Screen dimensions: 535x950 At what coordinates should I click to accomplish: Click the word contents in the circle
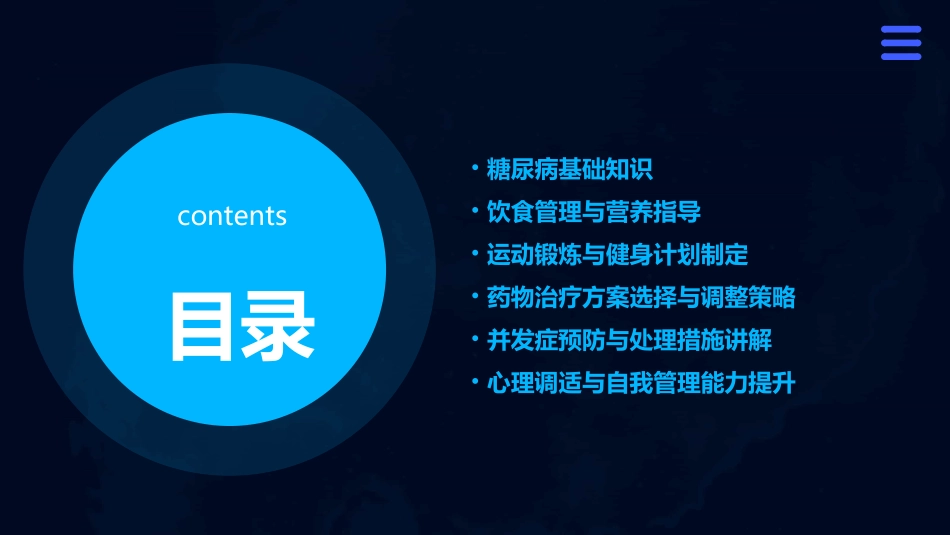pos(232,216)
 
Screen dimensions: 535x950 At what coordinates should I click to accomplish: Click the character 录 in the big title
pos(279,326)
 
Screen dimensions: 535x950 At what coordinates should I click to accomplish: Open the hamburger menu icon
pos(900,43)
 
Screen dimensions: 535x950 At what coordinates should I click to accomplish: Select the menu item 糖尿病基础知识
pos(569,170)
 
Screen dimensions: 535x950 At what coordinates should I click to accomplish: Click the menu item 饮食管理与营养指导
pos(593,212)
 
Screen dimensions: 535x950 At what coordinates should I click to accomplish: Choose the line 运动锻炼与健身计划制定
pos(617,255)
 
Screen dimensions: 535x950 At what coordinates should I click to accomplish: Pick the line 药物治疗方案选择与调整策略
pos(641,298)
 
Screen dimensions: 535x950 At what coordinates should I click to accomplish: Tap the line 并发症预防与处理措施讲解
pos(629,340)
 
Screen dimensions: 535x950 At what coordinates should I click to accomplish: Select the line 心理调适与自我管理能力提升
pos(641,383)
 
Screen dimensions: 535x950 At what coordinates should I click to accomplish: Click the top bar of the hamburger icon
pos(900,30)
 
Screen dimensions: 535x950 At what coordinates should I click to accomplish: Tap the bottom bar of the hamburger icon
pos(900,56)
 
